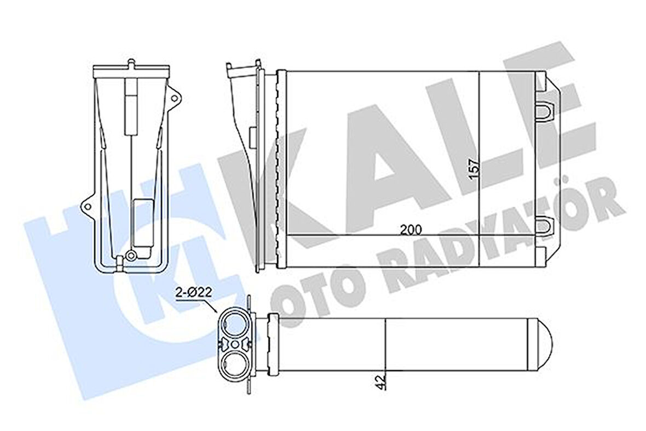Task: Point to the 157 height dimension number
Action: (474, 167)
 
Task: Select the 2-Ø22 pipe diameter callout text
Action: (193, 293)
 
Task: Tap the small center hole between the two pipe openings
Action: (235, 343)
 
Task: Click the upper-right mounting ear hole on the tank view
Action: (175, 98)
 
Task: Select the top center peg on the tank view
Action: (131, 66)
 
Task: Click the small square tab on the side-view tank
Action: (252, 135)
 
